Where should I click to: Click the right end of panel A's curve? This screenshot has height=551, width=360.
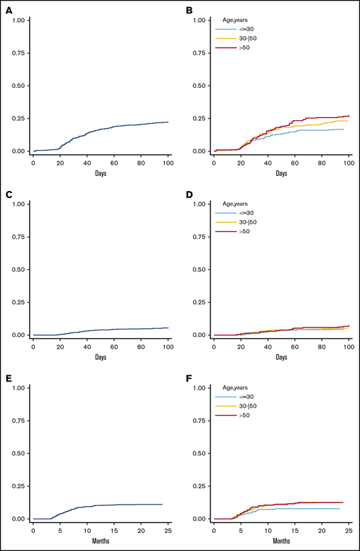pos(168,122)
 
